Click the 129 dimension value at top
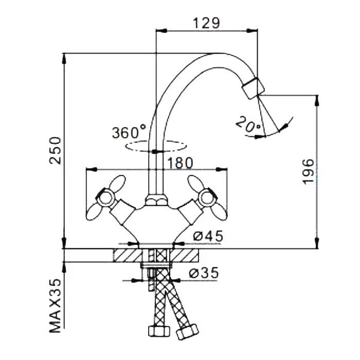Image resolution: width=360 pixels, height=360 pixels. point(206,23)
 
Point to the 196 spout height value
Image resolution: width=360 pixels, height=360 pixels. point(308,171)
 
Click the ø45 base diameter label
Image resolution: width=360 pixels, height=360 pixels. point(208,236)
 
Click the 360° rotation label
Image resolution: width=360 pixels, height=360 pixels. point(129,132)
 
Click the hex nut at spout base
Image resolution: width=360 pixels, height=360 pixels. point(154,199)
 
